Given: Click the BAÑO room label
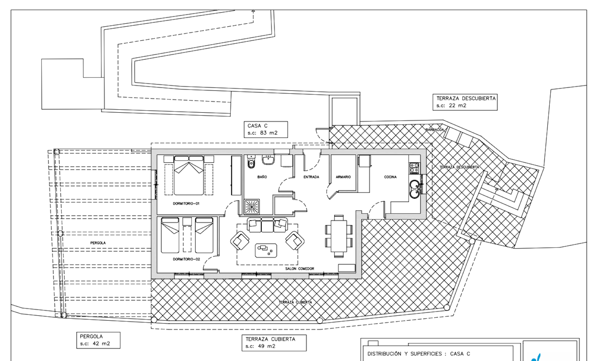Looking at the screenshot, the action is (x=262, y=177).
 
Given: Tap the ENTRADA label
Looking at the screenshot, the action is (x=311, y=177).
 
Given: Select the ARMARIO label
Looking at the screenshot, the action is (x=343, y=177).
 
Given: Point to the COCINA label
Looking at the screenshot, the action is (x=391, y=177).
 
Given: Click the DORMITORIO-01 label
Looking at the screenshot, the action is (x=186, y=203).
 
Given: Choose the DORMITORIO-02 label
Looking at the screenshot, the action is (x=186, y=259).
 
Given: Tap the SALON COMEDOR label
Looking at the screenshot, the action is (x=300, y=269).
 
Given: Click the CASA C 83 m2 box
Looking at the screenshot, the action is (x=266, y=129).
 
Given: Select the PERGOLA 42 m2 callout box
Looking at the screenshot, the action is (x=98, y=340).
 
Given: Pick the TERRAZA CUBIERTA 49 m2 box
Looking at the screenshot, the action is (x=274, y=343).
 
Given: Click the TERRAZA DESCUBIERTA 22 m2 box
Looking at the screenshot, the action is (x=465, y=102).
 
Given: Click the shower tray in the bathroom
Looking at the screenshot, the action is (x=252, y=206).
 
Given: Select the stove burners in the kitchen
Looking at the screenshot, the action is (x=414, y=168).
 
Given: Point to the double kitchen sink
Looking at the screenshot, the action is (x=415, y=189).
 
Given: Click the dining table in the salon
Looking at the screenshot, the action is (x=339, y=236).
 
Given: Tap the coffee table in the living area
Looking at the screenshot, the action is (x=266, y=251).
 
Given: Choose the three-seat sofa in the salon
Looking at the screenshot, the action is (x=267, y=225).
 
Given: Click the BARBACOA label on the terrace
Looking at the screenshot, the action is (x=435, y=130).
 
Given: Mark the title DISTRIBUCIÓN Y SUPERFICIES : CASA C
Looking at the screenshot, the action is (x=419, y=354).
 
